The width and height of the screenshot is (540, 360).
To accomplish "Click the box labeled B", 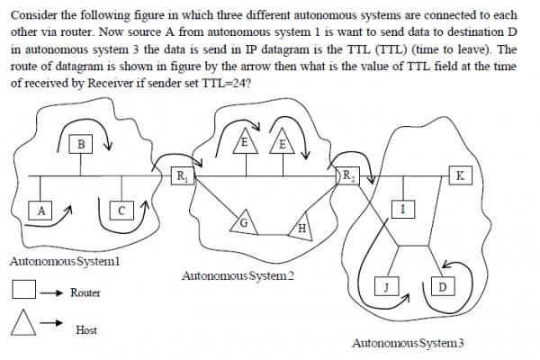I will tap(81, 143).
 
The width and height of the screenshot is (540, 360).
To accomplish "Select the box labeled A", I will tap(40, 211).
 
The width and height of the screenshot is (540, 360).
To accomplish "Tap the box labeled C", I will tap(122, 211).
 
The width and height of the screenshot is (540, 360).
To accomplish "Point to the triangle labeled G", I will tap(242, 221).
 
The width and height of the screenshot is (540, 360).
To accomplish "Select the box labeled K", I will tap(460, 175).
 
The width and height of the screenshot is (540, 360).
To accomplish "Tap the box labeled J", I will tap(385, 286).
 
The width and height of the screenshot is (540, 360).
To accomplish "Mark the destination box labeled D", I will tap(442, 286).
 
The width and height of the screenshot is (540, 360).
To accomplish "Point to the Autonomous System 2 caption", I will tap(238, 274).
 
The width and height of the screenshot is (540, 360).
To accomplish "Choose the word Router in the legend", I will tap(85, 292).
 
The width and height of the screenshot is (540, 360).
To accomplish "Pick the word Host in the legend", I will tap(86, 330).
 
